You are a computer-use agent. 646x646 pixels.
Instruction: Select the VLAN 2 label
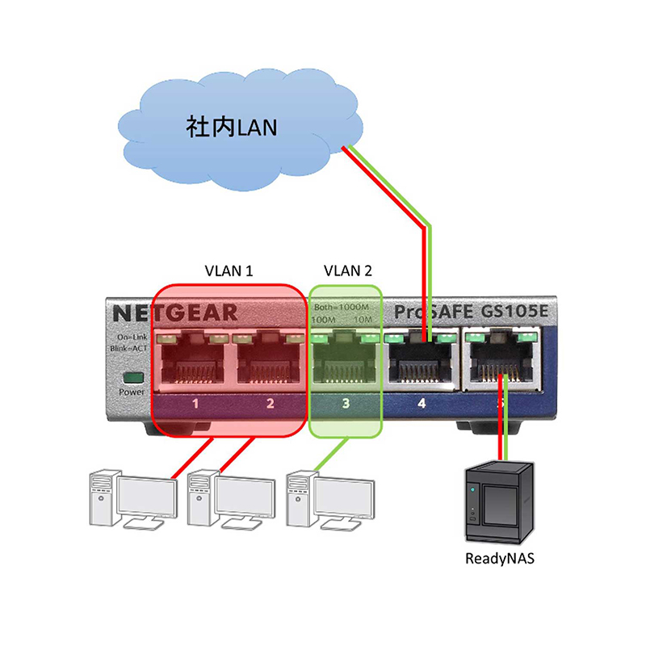pyautogui.click(x=347, y=271)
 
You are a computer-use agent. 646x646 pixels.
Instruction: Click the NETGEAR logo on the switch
pyautogui.click(x=174, y=313)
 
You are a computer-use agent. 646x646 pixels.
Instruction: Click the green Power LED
pyautogui.click(x=130, y=377)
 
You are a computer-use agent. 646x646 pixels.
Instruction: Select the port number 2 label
pyautogui.click(x=271, y=401)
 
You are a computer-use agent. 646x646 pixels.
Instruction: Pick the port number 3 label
pyautogui.click(x=346, y=401)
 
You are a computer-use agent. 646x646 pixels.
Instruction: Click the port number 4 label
pyautogui.click(x=421, y=401)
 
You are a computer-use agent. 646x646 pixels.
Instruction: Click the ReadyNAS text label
pyautogui.click(x=501, y=558)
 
